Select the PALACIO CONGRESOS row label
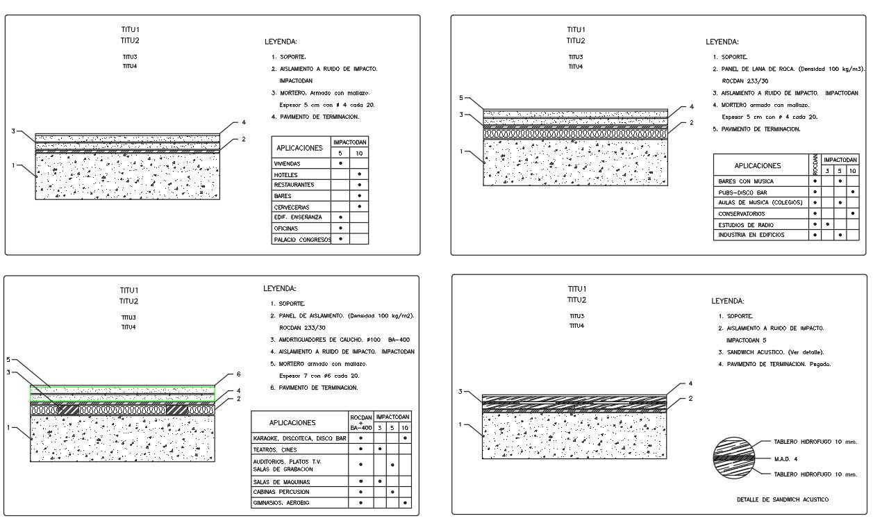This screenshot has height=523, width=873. point(302,240)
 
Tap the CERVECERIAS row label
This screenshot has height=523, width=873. point(292,207)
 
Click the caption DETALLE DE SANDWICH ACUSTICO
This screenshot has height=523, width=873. point(783,499)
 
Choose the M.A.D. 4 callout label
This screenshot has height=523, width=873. point(785,458)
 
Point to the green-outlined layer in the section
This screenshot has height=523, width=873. point(122,390)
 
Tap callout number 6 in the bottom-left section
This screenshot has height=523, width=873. point(238,374)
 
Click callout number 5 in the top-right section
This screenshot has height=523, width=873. point(460,98)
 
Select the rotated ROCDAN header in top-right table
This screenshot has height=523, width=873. point(815,165)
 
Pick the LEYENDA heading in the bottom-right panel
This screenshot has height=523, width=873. point(727,301)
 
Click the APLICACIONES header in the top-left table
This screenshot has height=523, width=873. point(300,148)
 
